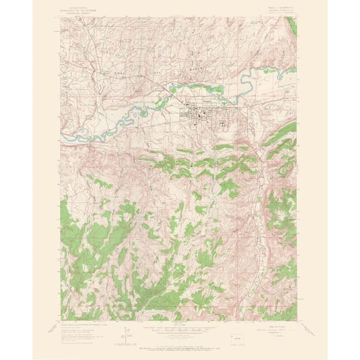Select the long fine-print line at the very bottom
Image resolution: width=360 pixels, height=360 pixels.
[180, 344]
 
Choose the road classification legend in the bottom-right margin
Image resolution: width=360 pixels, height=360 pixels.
[276, 327]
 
